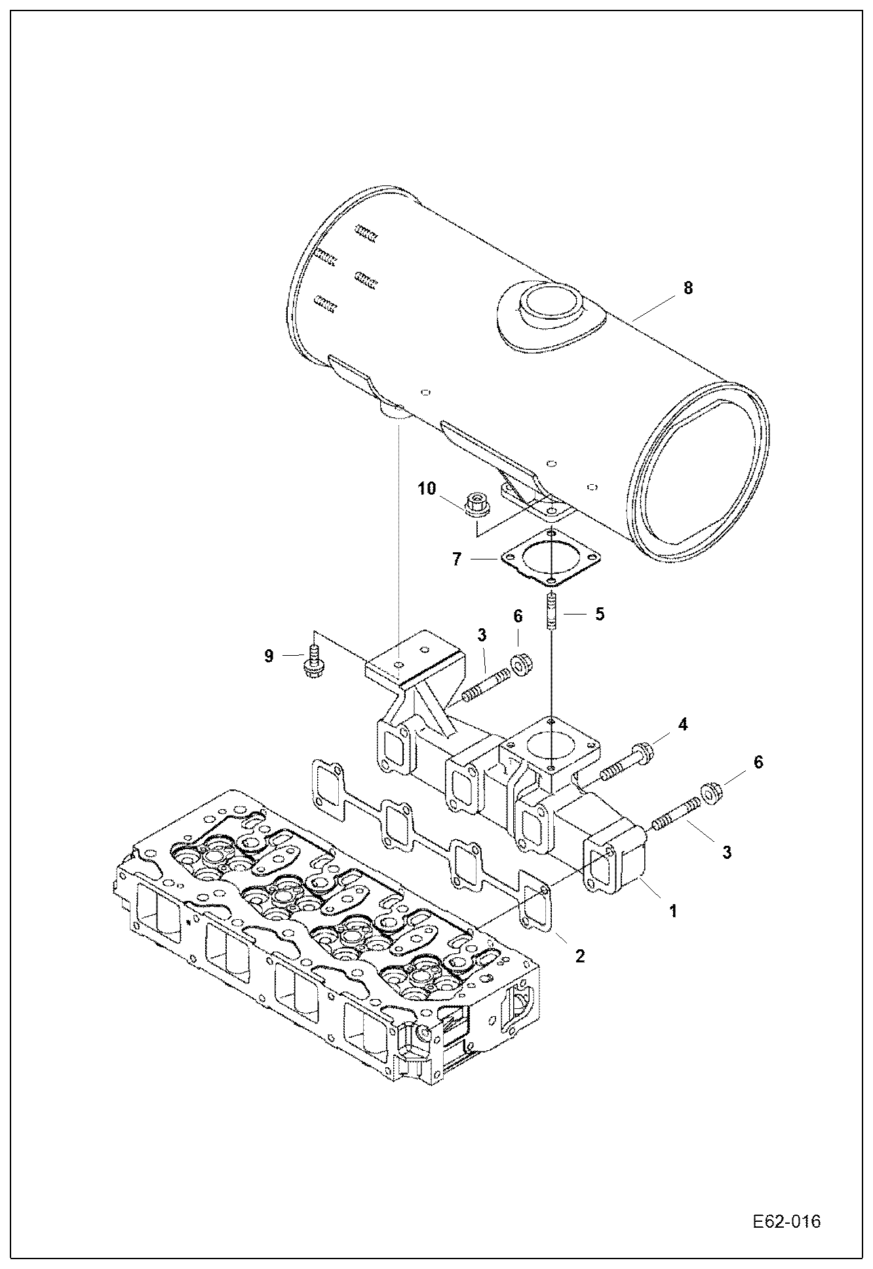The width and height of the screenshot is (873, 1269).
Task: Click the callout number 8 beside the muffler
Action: pos(688,288)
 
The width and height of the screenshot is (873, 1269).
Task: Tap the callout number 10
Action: pos(427,489)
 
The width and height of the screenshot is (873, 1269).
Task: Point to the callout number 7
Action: pos(457,559)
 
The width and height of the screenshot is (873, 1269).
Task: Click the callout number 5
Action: pos(599,614)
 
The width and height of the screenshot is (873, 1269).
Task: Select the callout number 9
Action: pos(269,656)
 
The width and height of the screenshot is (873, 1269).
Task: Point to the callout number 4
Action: pos(682,725)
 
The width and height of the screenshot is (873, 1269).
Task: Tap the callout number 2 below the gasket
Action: pos(579,956)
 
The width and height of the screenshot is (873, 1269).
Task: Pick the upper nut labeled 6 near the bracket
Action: pos(520,662)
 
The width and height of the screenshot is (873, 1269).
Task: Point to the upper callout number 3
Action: pos(482,635)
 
